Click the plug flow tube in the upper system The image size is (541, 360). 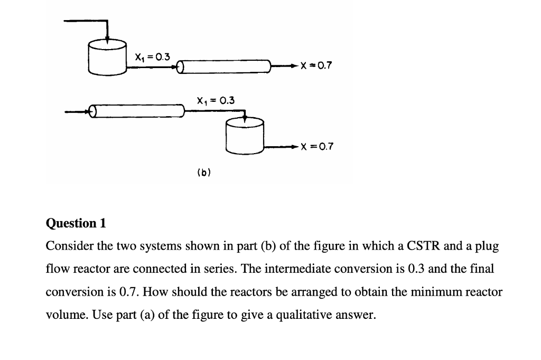tap(224, 67)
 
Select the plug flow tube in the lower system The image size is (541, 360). tap(137, 111)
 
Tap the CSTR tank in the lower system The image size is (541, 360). tap(244, 136)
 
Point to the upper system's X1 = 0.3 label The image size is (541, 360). tap(153, 56)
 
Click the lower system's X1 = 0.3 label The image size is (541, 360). tap(216, 100)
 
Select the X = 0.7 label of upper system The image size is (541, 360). tap(315, 67)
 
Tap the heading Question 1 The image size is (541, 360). tap(76, 223)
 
